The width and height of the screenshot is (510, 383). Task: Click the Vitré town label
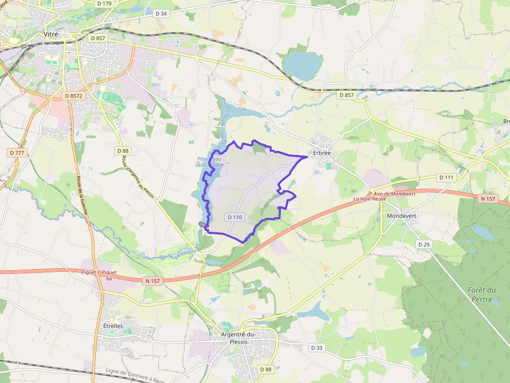[x=51, y=34]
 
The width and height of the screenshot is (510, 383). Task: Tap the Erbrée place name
[x=322, y=153]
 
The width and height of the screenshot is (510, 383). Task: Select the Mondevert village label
[x=402, y=215]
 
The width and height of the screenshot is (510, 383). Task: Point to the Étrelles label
[x=110, y=326]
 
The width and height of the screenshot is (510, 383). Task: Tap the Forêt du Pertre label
[x=481, y=295]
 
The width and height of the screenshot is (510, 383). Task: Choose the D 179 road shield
[x=104, y=4]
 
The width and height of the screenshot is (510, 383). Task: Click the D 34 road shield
[x=161, y=14]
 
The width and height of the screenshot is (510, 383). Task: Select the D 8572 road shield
[x=72, y=96]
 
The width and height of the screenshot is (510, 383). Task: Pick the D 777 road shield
[x=17, y=153]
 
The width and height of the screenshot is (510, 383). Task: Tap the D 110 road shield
[x=235, y=216]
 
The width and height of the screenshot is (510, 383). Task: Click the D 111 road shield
[x=446, y=177]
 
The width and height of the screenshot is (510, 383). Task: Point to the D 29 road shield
[x=424, y=244]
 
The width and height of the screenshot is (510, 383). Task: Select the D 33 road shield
[x=316, y=347]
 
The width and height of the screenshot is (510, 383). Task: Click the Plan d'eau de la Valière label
[x=210, y=162]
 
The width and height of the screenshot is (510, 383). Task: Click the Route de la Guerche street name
[x=82, y=190]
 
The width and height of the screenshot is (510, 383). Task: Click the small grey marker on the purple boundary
[x=203, y=224]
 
